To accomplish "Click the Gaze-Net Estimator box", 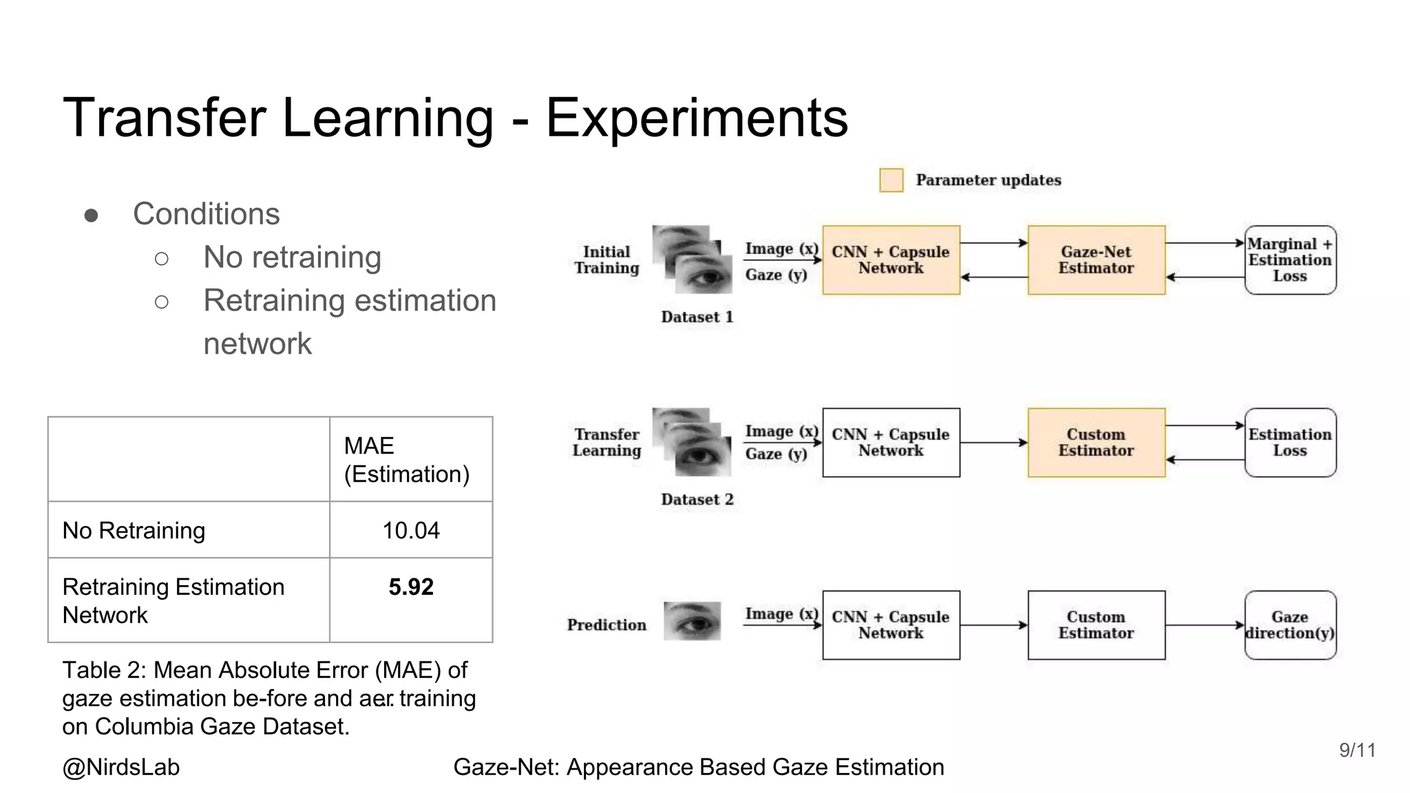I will (x=1096, y=260).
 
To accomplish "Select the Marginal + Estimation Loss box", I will (x=1290, y=260).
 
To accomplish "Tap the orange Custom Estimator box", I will (x=1096, y=443).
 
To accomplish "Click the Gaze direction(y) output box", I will (x=1290, y=625).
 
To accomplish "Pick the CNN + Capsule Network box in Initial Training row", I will (x=891, y=260).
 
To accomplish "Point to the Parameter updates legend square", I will (x=891, y=180).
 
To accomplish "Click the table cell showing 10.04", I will (x=411, y=530).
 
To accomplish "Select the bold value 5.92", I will (x=411, y=587).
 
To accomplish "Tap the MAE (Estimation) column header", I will (x=406, y=460).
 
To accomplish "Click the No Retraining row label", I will (x=134, y=531).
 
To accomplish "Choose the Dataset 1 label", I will (x=697, y=317).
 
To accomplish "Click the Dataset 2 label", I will (x=697, y=500).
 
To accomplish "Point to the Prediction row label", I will (x=607, y=625).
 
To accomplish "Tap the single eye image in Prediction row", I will (x=693, y=621).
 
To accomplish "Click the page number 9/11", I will (x=1357, y=750).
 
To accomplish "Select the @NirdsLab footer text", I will (x=121, y=767).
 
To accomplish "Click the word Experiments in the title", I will (x=697, y=118).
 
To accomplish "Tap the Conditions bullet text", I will (x=207, y=214).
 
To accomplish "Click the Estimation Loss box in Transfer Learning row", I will (x=1290, y=443).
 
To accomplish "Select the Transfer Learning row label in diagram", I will (x=607, y=443).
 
